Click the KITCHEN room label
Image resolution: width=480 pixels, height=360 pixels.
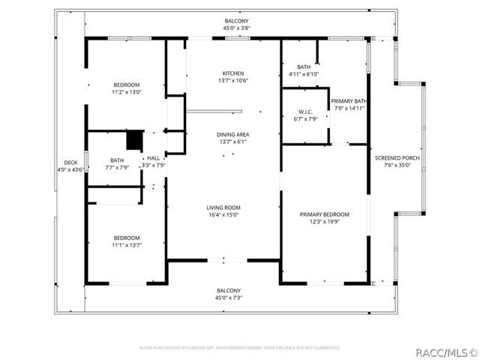[x=232, y=73]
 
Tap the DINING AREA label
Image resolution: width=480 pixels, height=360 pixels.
[x=232, y=133]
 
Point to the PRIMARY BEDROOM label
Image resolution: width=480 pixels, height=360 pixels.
[x=325, y=214]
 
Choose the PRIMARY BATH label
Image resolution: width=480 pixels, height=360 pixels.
[x=349, y=100]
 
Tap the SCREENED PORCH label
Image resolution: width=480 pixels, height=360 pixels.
[x=393, y=158]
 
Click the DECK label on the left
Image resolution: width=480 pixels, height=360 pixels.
[x=70, y=162]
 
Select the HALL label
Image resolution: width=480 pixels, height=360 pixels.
[x=153, y=157]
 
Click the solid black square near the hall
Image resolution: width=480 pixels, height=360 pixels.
[x=134, y=139]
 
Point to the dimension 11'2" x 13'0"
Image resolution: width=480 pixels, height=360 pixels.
[x=127, y=92]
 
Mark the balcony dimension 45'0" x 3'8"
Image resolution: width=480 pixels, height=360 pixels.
[x=236, y=28]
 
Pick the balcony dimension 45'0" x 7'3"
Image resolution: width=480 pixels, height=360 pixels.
[x=229, y=298]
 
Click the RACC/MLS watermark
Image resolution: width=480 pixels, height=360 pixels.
[x=447, y=351]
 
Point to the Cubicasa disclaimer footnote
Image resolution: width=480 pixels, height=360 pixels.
[x=240, y=348]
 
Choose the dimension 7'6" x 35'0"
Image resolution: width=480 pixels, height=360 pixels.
[x=393, y=165]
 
